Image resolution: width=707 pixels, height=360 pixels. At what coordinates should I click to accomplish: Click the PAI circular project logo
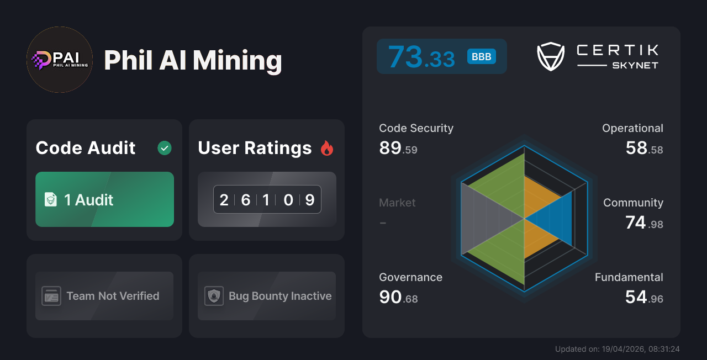60,60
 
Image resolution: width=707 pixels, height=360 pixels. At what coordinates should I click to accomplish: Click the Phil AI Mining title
193,60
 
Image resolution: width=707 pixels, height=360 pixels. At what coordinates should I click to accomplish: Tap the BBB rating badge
482,57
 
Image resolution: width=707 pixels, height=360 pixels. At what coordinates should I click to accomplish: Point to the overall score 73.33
421,57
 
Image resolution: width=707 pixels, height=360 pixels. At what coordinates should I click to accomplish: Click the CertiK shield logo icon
551,57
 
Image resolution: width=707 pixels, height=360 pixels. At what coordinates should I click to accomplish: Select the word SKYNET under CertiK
635,65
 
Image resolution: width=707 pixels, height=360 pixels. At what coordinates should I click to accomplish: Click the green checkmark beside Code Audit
165,148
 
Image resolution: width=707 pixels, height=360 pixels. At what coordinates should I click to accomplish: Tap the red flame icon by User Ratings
327,148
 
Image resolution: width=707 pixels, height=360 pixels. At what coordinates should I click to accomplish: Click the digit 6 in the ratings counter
246,199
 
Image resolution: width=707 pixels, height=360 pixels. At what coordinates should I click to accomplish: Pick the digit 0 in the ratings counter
288,199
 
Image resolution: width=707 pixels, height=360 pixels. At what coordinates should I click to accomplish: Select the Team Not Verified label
113,296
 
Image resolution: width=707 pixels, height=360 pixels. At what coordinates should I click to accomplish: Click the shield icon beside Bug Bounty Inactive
214,296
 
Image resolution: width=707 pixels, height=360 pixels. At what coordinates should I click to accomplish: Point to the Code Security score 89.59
398,148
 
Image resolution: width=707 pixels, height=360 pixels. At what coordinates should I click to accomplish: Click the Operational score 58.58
644,148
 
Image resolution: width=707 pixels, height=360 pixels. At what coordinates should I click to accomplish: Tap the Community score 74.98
644,223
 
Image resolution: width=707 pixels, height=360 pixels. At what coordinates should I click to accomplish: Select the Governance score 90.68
398,297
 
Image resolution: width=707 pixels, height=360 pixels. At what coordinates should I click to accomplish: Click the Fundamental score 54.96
644,297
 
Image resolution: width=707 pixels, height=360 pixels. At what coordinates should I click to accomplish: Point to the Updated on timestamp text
617,349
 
